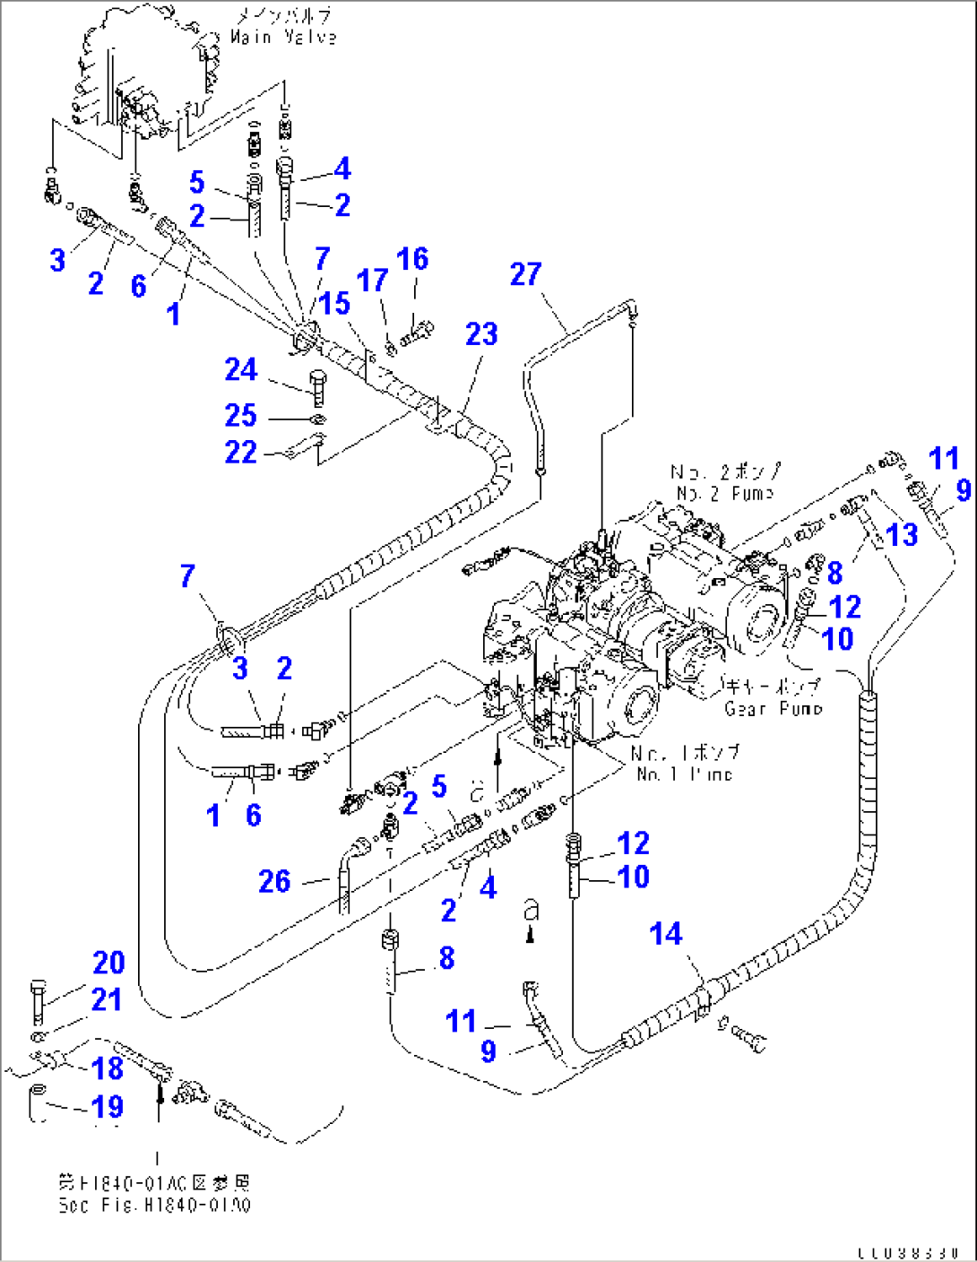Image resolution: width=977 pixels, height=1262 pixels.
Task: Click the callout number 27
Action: click(x=526, y=274)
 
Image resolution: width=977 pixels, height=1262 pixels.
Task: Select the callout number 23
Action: click(x=481, y=334)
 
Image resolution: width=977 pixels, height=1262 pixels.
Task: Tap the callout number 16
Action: click(x=412, y=259)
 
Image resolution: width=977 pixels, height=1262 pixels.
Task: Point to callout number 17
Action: click(x=372, y=281)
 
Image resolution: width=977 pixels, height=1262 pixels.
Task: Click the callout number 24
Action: click(x=241, y=369)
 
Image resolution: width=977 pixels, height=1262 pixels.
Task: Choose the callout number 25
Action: click(x=241, y=415)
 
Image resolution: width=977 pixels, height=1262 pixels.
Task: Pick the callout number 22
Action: click(x=241, y=453)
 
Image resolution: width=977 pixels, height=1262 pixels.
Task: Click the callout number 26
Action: click(x=274, y=881)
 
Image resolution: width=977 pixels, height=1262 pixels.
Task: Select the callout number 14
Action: click(x=666, y=934)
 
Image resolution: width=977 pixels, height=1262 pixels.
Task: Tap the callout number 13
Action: click(x=902, y=535)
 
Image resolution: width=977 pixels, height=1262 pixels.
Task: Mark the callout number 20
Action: click(x=108, y=963)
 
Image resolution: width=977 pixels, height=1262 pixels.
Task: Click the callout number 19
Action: click(x=108, y=1107)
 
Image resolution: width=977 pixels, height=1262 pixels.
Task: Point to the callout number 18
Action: click(x=108, y=1068)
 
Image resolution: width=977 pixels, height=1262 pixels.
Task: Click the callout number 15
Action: click(x=334, y=303)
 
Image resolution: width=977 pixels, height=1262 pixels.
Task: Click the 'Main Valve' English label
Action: click(x=283, y=38)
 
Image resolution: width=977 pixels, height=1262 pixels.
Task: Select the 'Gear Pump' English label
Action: click(x=773, y=708)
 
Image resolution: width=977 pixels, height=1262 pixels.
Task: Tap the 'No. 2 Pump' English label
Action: click(x=725, y=494)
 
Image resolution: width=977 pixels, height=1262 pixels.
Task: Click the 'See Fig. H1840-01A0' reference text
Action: click(x=155, y=1206)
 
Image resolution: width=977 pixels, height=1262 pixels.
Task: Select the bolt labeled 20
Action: click(x=38, y=1002)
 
